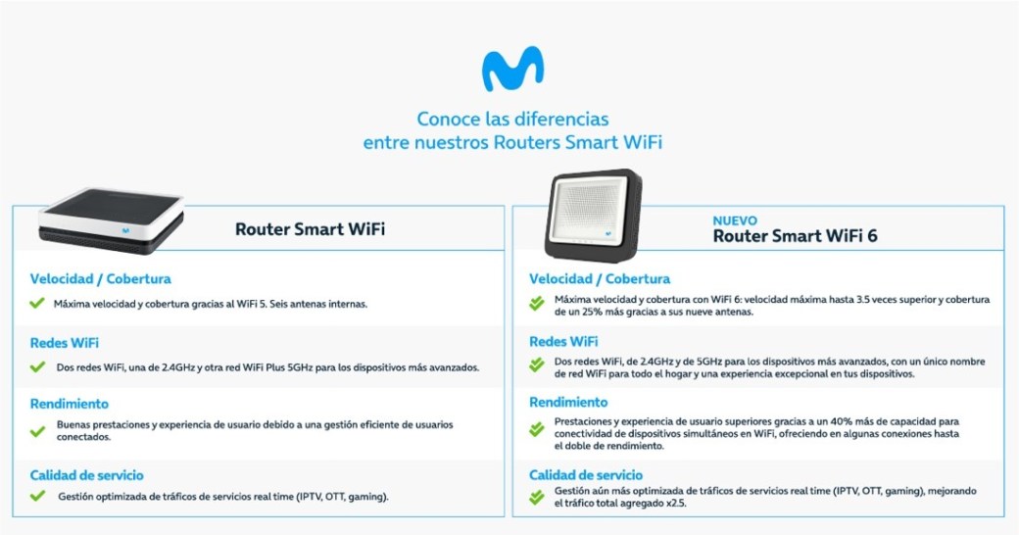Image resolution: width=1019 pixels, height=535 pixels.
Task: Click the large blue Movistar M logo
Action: pos(512,69)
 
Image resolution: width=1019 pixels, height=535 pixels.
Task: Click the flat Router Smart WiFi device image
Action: pos(111,220)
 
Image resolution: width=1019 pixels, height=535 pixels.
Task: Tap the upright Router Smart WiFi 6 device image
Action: pos(594,216)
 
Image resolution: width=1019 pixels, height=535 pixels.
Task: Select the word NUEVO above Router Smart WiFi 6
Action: pos(734,221)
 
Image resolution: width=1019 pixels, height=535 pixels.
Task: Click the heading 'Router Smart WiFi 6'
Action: pos(795,236)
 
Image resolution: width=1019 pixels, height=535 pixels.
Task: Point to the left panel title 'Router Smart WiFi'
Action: pos(310,229)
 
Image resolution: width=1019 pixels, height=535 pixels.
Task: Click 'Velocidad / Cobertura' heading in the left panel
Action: pos(100,279)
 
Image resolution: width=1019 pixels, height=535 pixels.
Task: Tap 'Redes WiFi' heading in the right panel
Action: pos(563,341)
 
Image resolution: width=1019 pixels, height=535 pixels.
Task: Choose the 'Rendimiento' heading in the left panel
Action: pos(69,404)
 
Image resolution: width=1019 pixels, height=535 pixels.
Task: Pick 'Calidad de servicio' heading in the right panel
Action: pos(586,475)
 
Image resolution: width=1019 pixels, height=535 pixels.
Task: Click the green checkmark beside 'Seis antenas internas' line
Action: pos(37,303)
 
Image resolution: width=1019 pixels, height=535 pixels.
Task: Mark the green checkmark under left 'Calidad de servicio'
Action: pos(37,496)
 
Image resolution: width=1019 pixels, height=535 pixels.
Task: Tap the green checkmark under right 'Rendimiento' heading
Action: pos(537,429)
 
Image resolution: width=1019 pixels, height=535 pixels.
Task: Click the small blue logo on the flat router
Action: pos(125,230)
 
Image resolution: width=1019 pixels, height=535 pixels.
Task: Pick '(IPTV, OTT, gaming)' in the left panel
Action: pos(343,497)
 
